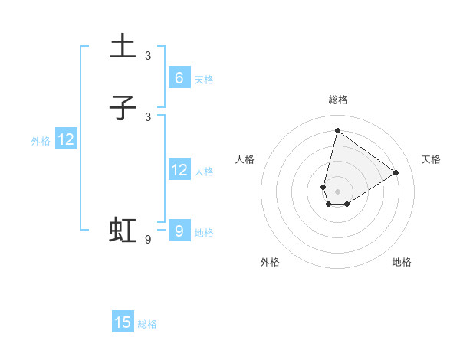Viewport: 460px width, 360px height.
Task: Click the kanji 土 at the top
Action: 123,46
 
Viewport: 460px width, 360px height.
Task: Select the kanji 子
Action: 123,107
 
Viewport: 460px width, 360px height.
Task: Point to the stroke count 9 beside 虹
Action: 148,240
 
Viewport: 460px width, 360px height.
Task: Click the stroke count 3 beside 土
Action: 148,56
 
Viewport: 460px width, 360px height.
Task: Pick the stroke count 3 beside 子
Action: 148,117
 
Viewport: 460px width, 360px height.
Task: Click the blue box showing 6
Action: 179,78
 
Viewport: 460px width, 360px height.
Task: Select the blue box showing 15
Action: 123,322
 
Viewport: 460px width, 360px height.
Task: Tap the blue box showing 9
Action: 179,231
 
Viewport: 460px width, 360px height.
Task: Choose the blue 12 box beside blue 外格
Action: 66,139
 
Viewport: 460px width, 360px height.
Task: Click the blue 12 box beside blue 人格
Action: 179,170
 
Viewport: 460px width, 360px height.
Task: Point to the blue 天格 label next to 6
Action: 204,80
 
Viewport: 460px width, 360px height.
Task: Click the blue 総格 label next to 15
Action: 147,324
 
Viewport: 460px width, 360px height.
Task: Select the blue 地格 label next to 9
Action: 204,233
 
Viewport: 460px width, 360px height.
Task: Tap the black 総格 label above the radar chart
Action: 337,100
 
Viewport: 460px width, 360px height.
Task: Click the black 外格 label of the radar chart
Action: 270,262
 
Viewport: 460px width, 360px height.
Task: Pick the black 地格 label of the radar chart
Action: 402,262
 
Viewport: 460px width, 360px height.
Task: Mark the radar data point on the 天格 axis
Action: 396,172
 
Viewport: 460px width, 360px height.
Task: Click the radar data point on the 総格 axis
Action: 337,130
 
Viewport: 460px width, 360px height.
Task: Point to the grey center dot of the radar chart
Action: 337,191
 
